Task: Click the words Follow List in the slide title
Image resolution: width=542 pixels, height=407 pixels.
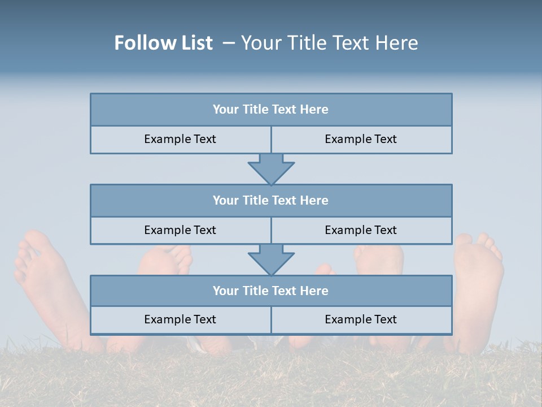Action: click(x=164, y=43)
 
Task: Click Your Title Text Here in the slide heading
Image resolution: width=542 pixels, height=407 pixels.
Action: click(x=329, y=43)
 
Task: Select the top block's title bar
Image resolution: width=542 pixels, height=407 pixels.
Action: click(x=271, y=110)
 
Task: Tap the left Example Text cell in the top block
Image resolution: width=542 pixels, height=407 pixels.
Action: click(x=180, y=139)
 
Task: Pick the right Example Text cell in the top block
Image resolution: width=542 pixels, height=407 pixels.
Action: click(x=361, y=139)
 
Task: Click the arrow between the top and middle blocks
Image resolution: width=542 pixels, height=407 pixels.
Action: click(x=271, y=169)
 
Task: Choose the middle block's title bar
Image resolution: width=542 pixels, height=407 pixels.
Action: click(x=271, y=200)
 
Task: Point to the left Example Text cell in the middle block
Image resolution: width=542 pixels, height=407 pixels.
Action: click(x=180, y=230)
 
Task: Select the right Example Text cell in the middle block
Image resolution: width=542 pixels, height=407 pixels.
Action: click(x=361, y=230)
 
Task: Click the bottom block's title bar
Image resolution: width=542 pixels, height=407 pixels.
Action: click(x=271, y=291)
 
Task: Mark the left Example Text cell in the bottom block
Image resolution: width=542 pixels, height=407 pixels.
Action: click(x=180, y=319)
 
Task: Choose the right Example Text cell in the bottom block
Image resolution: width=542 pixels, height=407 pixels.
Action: click(x=361, y=319)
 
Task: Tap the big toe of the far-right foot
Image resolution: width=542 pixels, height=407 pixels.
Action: click(x=465, y=241)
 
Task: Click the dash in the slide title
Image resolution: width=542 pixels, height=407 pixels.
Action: click(x=229, y=43)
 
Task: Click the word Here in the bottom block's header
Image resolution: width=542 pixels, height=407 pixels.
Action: click(x=314, y=291)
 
